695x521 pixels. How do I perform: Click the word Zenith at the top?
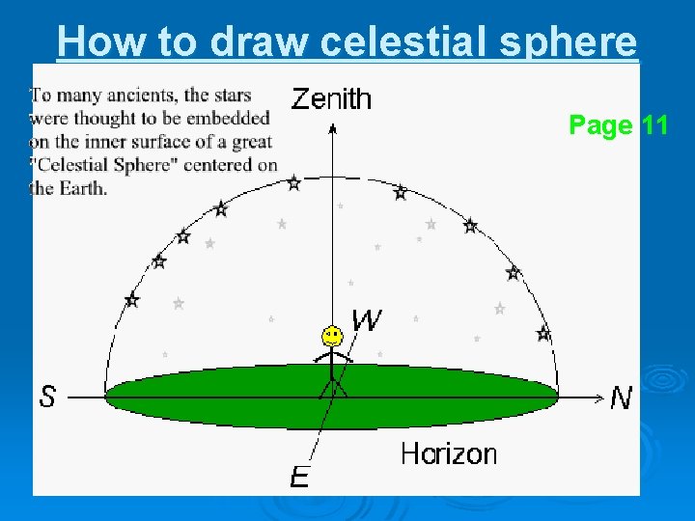click(x=331, y=98)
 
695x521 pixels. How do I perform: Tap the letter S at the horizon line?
click(x=47, y=397)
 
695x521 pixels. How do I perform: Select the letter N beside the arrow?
click(x=621, y=398)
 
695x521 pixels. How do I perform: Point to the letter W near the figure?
click(x=367, y=319)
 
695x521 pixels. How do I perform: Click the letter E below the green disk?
click(x=300, y=477)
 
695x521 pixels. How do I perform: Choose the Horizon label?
click(x=449, y=453)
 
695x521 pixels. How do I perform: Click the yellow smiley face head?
click(x=331, y=337)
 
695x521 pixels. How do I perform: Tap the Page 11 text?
click(x=618, y=125)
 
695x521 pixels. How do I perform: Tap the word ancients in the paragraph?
click(x=142, y=95)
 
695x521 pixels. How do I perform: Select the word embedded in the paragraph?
click(x=229, y=118)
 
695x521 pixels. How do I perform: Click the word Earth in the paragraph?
click(x=83, y=188)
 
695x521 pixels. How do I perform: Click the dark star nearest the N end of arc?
click(x=543, y=334)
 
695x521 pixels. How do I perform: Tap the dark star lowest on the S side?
click(x=132, y=301)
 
